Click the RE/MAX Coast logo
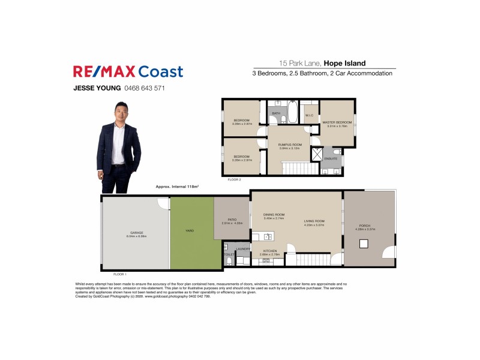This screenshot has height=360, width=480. click(x=128, y=72)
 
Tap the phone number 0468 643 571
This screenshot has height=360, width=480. click(x=145, y=88)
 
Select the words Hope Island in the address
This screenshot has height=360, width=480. click(x=345, y=63)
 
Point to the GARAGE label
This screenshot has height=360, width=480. click(x=137, y=232)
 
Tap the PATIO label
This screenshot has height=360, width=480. click(x=232, y=220)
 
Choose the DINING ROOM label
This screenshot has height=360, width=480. click(x=274, y=214)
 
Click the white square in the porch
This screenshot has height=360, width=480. click(x=364, y=244)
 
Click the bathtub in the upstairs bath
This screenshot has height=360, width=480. click(x=292, y=112)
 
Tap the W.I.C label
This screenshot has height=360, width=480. click(x=310, y=115)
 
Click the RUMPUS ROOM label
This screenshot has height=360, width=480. click(x=290, y=145)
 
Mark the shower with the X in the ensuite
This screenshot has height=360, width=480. click(x=316, y=154)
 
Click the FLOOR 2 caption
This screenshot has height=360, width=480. click(x=234, y=179)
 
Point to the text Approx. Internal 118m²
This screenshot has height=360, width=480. click(x=177, y=187)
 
